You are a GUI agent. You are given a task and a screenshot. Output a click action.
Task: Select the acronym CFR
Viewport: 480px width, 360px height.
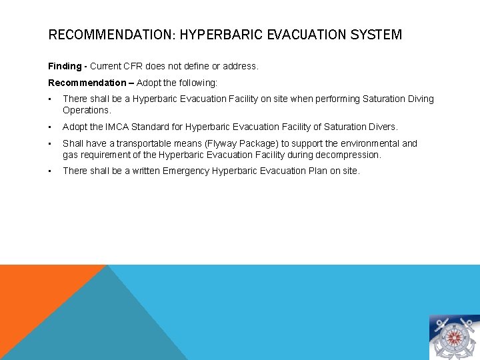click(x=139, y=67)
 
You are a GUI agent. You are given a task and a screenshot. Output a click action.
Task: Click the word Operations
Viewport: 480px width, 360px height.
click(x=86, y=110)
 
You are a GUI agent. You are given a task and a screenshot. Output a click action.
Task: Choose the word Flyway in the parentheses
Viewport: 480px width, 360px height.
click(x=227, y=143)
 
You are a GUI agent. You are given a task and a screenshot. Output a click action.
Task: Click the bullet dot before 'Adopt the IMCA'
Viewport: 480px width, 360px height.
click(x=51, y=127)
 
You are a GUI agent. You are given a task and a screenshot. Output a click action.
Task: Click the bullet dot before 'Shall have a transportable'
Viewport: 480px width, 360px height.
click(x=51, y=143)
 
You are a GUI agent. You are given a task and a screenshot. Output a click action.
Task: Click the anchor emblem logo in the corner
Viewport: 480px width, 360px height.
click(x=453, y=337)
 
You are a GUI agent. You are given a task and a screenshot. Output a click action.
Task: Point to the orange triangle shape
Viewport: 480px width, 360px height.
click(x=33, y=293)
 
